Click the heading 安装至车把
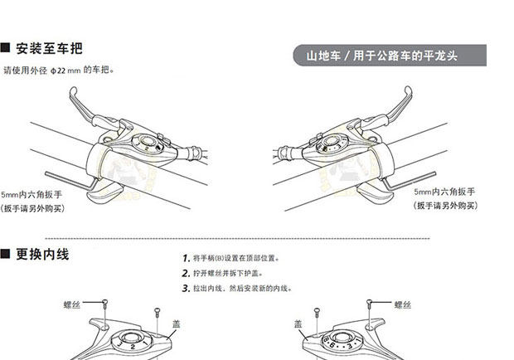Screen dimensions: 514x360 [x=49, y=48]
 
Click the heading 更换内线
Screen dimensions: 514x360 [x=49, y=254]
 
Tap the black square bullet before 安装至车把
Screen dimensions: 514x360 [x=6, y=48]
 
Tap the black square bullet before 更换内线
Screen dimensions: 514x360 [x=6, y=254]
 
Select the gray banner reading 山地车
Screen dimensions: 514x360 [x=381, y=56]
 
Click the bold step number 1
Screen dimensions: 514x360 [x=185, y=259]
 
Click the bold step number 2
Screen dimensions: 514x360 [x=185, y=273]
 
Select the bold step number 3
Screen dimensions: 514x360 [x=185, y=288]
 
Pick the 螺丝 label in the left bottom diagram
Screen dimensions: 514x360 [x=72, y=305]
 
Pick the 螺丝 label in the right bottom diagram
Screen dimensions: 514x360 [x=403, y=305]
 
